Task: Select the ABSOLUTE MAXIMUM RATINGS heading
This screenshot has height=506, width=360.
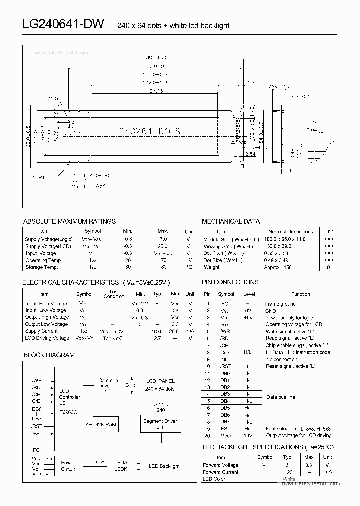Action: point(69,221)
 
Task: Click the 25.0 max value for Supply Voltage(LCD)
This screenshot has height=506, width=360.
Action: point(163,246)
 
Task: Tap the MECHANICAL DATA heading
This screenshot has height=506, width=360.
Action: point(230,221)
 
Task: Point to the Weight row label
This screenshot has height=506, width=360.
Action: point(212,267)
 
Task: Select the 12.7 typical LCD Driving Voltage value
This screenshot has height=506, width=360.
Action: point(157,338)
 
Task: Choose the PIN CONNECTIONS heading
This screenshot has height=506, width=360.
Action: point(230,282)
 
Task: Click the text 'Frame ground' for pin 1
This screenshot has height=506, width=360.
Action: point(280,304)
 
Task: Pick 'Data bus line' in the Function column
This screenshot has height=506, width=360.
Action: point(280,397)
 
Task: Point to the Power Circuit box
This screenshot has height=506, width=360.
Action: point(68,466)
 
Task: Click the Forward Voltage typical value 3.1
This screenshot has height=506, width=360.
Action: point(288,465)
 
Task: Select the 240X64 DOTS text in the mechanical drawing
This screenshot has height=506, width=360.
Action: point(150,131)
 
